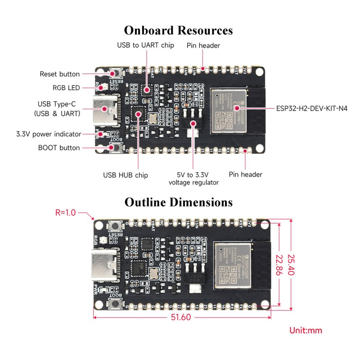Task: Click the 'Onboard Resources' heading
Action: click(179, 30)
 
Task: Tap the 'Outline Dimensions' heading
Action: click(179, 202)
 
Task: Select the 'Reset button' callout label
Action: click(60, 74)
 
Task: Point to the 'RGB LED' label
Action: click(66, 88)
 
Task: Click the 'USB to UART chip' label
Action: click(145, 45)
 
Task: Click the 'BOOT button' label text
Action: click(59, 148)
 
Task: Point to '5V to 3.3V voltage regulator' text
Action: click(193, 178)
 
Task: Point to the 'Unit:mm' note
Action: click(306, 330)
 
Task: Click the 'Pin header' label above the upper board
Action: click(203, 45)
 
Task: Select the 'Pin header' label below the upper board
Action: click(245, 174)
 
